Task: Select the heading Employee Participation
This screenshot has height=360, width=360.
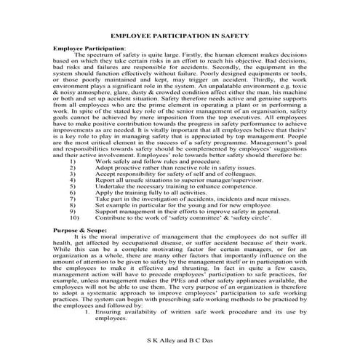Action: [92, 47]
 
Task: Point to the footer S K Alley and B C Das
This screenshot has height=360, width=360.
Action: [180, 340]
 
